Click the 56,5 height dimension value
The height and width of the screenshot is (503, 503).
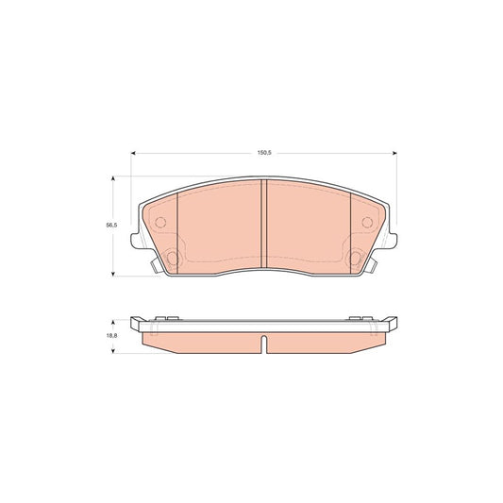pos(109,225)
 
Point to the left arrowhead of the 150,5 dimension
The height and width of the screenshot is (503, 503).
pos(134,154)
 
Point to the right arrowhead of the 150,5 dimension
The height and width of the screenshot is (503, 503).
pos(394,154)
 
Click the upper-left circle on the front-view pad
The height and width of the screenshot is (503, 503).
pos(159,223)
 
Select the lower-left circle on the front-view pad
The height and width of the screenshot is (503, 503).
pos(173,259)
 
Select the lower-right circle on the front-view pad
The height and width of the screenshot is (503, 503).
pos(354,259)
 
